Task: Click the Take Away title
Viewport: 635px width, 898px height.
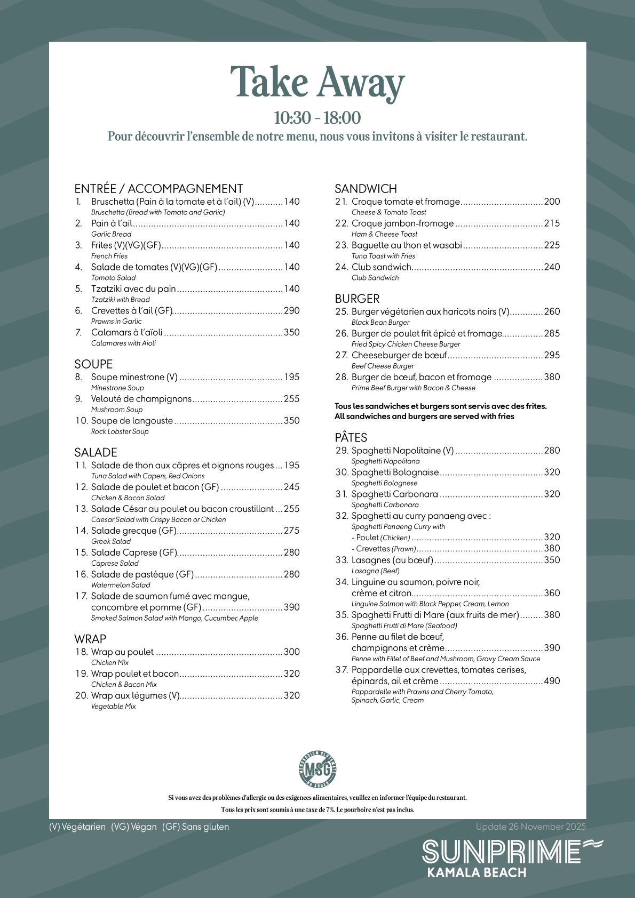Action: [317, 83]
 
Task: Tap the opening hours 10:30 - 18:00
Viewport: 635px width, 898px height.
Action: [317, 118]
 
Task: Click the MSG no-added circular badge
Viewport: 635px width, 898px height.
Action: [317, 768]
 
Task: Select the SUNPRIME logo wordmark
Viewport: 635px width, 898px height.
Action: [502, 852]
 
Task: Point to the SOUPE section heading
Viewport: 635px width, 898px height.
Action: [93, 364]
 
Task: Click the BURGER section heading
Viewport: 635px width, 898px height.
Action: [357, 299]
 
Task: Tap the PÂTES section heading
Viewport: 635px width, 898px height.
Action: [351, 437]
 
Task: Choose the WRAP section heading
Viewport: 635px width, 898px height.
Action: [90, 639]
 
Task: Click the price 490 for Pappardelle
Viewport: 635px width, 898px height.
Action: [552, 681]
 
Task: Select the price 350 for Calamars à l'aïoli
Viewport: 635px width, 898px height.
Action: [292, 332]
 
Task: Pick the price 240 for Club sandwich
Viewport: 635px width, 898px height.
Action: [552, 267]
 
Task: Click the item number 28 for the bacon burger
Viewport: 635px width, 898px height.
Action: [342, 377]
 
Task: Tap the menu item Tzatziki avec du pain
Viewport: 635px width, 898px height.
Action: [133, 289]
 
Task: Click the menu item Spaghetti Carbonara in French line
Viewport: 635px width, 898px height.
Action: [394, 494]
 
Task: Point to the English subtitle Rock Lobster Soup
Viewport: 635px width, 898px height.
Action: [120, 431]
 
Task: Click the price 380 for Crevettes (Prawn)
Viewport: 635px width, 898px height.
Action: [552, 548]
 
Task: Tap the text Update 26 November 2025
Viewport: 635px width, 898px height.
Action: [530, 827]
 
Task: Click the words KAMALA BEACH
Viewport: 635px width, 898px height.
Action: [477, 872]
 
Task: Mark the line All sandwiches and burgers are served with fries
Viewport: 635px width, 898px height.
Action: [424, 416]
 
